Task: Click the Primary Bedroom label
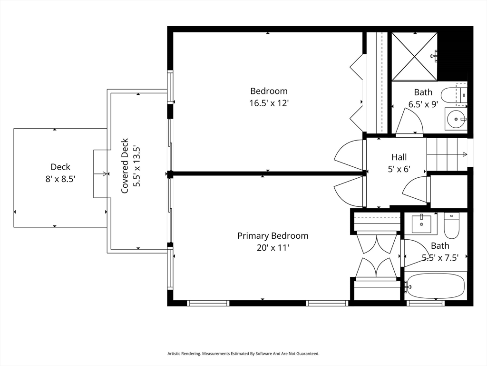click(273, 236)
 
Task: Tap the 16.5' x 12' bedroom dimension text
click(269, 103)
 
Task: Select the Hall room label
click(399, 157)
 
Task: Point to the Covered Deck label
click(125, 165)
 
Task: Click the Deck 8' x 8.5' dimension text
click(60, 179)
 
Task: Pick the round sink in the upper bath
click(456, 119)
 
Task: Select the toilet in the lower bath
click(451, 225)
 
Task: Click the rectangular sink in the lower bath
click(421, 224)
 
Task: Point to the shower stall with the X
click(414, 56)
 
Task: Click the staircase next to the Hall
click(447, 154)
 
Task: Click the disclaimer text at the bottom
click(243, 354)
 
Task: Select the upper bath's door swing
click(409, 121)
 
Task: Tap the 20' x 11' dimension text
click(273, 248)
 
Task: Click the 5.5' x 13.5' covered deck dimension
click(137, 166)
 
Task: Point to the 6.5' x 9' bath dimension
click(423, 104)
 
